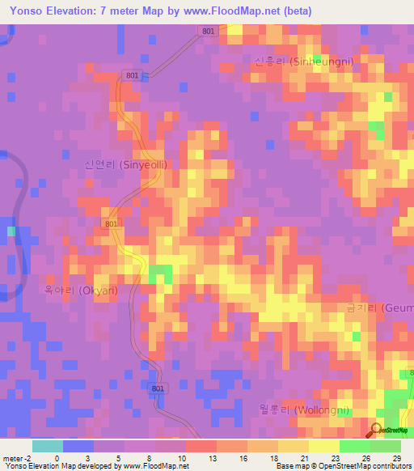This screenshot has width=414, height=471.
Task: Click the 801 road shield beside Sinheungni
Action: tap(209, 31)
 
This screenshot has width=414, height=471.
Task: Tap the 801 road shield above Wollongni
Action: tap(158, 389)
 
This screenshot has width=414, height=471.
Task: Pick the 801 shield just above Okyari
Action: tap(112, 223)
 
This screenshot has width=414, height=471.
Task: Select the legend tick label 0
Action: tap(57, 458)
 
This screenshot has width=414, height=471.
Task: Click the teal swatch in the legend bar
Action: tap(47, 446)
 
